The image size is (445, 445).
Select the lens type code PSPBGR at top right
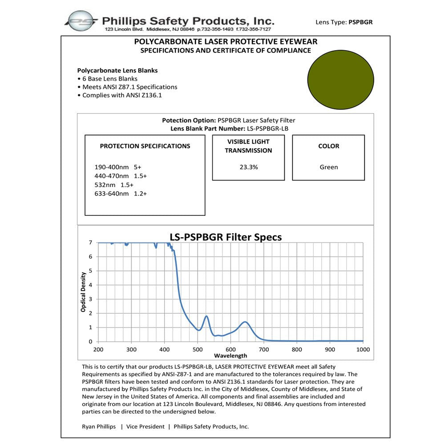click(360, 21)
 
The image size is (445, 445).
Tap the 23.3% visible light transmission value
click(248, 167)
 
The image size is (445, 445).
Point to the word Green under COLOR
click(328, 167)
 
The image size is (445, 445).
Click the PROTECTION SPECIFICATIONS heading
click(145, 146)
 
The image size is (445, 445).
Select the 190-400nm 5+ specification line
click(117, 167)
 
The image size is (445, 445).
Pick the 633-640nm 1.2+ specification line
click(121, 194)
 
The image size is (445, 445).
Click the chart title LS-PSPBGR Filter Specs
click(226, 237)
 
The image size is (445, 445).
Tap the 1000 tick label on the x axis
click(363, 350)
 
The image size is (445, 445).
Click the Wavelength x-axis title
click(230, 356)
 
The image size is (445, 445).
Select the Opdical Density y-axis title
click(83, 292)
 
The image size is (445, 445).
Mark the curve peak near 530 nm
click(206, 316)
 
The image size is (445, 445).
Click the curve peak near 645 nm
click(245, 321)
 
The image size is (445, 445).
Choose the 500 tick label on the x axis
click(198, 350)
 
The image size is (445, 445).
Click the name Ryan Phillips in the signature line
click(98, 426)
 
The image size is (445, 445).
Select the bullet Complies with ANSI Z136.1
click(125, 95)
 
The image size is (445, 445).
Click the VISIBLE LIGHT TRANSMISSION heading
click(248, 146)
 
